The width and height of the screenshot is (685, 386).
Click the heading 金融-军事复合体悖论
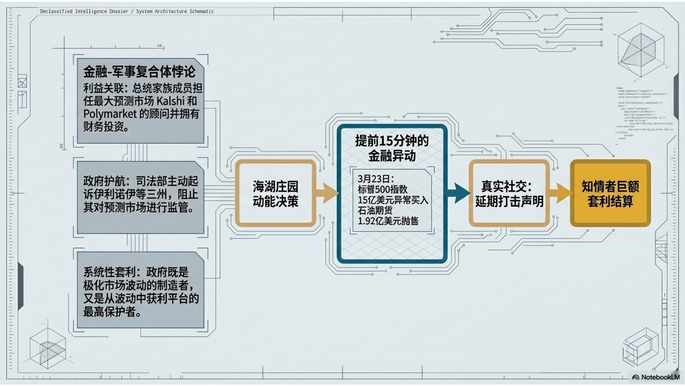click(x=139, y=71)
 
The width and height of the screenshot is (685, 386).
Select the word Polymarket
click(x=110, y=114)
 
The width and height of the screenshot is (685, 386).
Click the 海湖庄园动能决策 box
click(x=275, y=194)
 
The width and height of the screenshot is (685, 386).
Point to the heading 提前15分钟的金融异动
click(x=392, y=148)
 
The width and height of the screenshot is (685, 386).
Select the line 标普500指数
click(x=382, y=189)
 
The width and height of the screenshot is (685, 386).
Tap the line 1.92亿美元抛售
click(x=388, y=221)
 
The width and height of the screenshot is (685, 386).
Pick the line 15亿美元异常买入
click(x=392, y=200)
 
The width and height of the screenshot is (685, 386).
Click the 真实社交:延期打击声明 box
click(x=509, y=194)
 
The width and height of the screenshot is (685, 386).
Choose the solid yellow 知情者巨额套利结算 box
click(x=610, y=194)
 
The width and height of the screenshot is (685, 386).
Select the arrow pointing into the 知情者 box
click(x=560, y=193)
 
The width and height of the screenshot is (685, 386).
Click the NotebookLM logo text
click(x=660, y=377)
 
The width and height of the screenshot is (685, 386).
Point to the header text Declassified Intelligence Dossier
click(x=84, y=11)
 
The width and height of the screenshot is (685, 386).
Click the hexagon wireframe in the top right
click(x=641, y=50)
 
